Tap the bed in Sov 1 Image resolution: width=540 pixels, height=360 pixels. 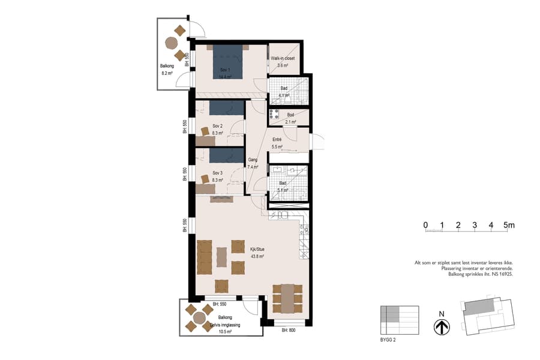coord(226,61)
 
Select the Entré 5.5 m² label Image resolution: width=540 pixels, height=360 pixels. coord(277,143)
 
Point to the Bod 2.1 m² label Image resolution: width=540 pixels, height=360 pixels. coord(290,118)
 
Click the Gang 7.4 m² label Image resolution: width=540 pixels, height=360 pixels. coord(253,164)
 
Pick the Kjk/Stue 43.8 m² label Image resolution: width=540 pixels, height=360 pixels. coord(257,252)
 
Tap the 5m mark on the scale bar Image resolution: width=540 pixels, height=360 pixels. coord(509,225)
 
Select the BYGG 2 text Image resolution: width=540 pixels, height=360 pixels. coord(388,340)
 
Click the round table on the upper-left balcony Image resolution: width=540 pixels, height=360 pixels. coord(172,43)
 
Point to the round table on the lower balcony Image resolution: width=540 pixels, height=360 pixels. coord(199,319)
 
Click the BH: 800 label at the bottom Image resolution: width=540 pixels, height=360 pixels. coord(289,330)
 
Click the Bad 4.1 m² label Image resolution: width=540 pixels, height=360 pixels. coord(284,92)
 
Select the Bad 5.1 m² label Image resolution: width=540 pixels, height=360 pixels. coord(283,187)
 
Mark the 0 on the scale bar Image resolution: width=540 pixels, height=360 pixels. coord(425,225)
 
